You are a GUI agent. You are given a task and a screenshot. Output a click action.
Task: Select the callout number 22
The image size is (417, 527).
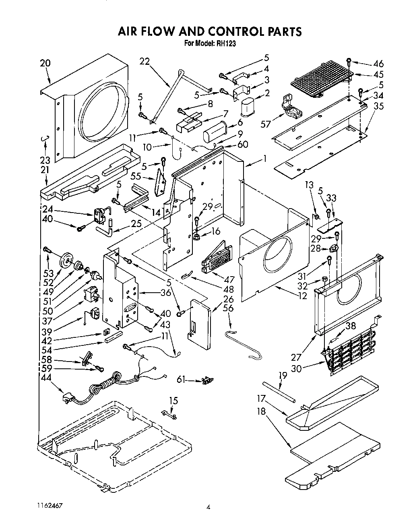(x=145, y=61)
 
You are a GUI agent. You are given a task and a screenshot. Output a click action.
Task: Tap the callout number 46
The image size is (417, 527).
(x=378, y=64)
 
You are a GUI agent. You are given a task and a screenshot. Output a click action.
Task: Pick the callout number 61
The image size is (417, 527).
(x=182, y=379)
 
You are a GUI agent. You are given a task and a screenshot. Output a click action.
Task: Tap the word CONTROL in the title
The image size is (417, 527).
(x=234, y=31)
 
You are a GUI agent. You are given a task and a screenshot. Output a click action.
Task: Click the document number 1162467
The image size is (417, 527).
(x=49, y=505)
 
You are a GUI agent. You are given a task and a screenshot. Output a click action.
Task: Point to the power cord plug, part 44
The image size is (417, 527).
(x=66, y=399)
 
